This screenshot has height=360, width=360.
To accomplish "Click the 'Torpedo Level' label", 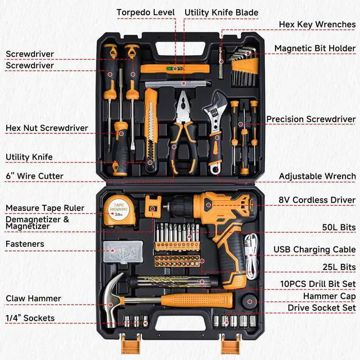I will click(x=146, y=12).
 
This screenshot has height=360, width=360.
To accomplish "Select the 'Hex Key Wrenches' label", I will click(x=317, y=24).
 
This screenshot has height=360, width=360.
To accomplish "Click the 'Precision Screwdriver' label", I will click(x=310, y=119).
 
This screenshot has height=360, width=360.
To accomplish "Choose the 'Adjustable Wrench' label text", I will click(x=317, y=176).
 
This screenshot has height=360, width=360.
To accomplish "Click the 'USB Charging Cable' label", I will click(x=314, y=249).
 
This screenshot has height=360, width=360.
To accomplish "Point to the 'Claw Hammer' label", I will click(x=33, y=299).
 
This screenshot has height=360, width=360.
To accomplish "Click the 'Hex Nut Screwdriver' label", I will click(x=47, y=128).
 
